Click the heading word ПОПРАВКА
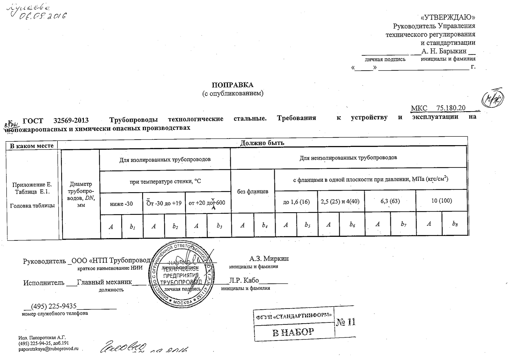point(232,85)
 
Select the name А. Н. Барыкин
point(444,51)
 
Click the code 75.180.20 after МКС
point(451,108)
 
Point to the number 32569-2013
point(71,120)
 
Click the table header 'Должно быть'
point(262,143)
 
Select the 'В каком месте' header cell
point(32,146)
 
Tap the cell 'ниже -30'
point(121,204)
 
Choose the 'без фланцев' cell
point(252,192)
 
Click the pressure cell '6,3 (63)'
point(390,201)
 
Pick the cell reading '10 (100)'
point(441,201)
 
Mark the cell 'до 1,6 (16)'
point(296,202)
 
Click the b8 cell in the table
point(455,224)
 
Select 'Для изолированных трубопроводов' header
point(165,159)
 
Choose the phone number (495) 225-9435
point(54,306)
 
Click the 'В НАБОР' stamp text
point(293,332)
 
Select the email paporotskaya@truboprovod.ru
point(48,349)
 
